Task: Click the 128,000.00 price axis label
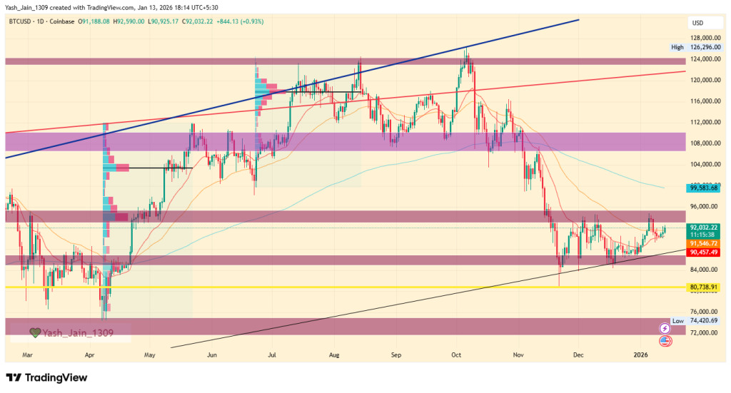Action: (703, 38)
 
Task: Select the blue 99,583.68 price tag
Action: (703, 188)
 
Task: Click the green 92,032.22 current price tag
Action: (703, 228)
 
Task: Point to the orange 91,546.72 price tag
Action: (703, 243)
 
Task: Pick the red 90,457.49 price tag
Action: (703, 252)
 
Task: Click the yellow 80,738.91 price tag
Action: (703, 287)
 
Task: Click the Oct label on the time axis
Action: (456, 354)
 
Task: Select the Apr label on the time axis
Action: (90, 354)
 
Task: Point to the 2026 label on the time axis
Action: (641, 354)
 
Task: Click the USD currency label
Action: (697, 23)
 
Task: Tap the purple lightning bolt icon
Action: (665, 328)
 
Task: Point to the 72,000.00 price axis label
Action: (703, 333)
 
